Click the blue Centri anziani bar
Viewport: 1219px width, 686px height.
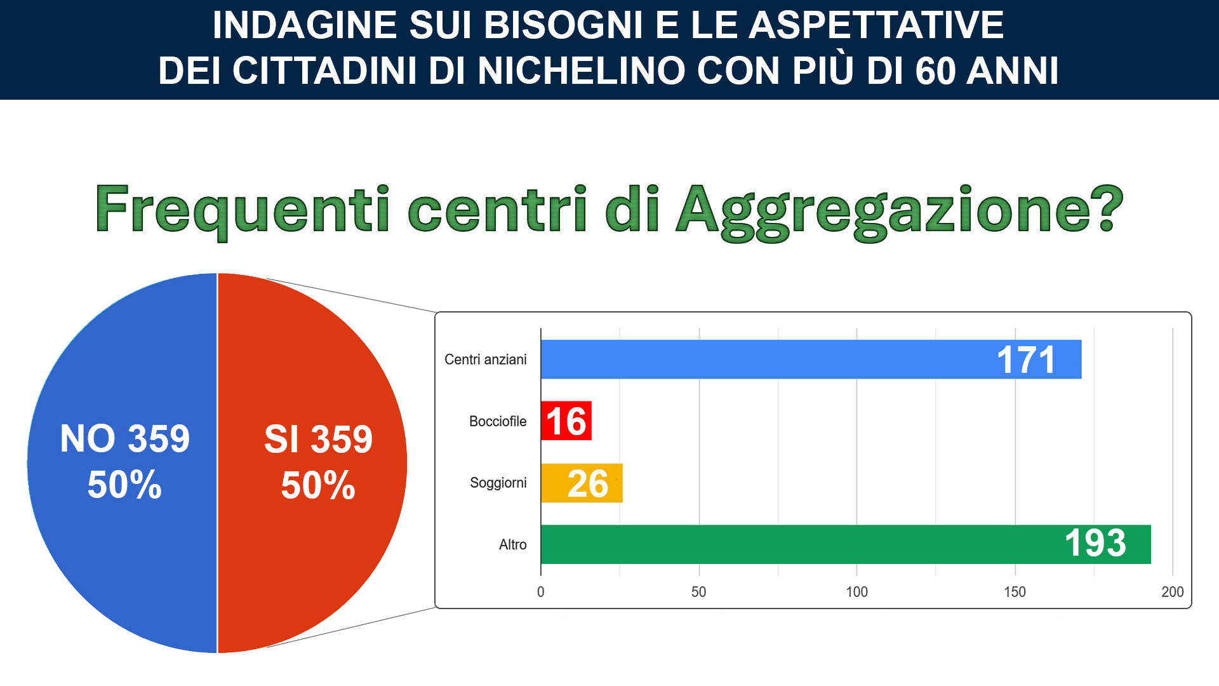click(x=811, y=360)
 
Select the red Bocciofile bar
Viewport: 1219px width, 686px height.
click(x=566, y=420)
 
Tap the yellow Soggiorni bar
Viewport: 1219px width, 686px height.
click(x=582, y=483)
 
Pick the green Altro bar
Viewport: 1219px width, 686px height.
click(x=846, y=544)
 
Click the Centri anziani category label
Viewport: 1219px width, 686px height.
click(x=486, y=360)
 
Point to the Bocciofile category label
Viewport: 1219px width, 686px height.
click(x=498, y=421)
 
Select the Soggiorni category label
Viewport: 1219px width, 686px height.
click(x=498, y=483)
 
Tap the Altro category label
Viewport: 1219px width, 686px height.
click(x=513, y=544)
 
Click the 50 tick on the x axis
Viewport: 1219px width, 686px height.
click(x=698, y=592)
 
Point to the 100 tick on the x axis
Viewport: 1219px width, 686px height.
click(x=856, y=592)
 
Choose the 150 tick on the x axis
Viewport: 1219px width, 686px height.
click(x=1015, y=592)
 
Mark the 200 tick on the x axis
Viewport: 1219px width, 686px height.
click(x=1172, y=592)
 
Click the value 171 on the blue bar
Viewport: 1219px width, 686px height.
click(x=1026, y=360)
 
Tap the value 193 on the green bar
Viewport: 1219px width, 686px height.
click(x=1095, y=543)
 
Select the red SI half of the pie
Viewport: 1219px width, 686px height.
click(x=312, y=463)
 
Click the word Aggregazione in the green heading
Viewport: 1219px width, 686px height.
click(x=900, y=211)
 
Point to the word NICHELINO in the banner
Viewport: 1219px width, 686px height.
click(x=581, y=71)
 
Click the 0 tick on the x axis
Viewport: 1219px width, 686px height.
click(x=540, y=592)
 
